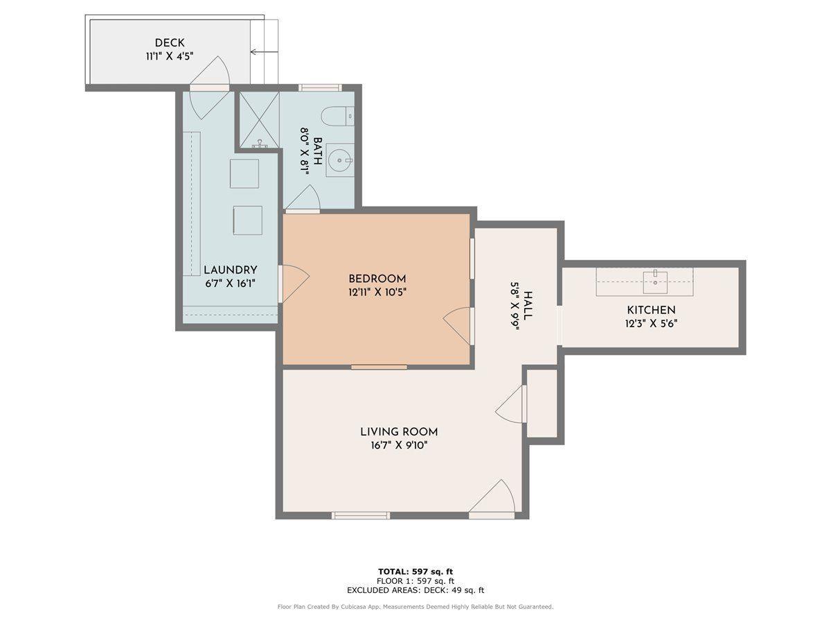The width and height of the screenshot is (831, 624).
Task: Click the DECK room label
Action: click(170, 43)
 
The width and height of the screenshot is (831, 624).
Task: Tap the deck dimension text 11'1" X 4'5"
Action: click(170, 57)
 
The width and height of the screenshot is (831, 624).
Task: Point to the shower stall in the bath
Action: click(259, 119)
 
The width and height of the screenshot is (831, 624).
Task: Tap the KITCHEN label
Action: click(651, 310)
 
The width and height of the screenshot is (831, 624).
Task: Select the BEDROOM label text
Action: click(377, 279)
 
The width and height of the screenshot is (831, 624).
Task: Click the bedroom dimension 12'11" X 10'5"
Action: click(377, 293)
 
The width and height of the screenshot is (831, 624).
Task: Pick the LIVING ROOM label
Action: click(399, 431)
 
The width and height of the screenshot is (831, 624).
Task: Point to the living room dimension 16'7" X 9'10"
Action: click(399, 446)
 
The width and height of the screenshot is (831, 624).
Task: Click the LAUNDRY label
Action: click(231, 270)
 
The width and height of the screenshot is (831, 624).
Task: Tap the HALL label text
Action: click(528, 305)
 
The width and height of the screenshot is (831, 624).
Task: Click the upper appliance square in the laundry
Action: click(244, 173)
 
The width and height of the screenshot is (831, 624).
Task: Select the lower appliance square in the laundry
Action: click(247, 220)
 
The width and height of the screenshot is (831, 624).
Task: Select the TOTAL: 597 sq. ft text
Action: click(415, 571)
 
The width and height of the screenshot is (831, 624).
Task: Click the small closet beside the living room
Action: click(542, 403)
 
